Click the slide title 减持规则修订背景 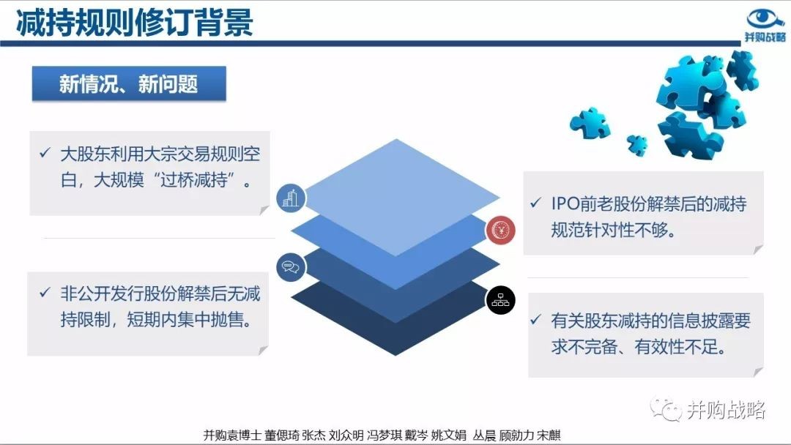coord(135,23)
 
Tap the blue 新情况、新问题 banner coord(129,83)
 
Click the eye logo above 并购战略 coord(765,19)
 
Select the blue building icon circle coord(291,198)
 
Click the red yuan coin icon coord(500,231)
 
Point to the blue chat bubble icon coord(291,267)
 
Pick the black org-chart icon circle coord(500,300)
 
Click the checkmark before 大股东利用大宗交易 coord(45,153)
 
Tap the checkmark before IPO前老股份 coord(535,203)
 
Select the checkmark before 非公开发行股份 coord(45,292)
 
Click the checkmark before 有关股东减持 coord(535,320)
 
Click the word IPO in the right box coord(565,203)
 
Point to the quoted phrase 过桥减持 coord(193,180)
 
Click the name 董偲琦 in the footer coord(281,435)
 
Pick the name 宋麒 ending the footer coord(549,435)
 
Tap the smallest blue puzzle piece coord(637,145)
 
